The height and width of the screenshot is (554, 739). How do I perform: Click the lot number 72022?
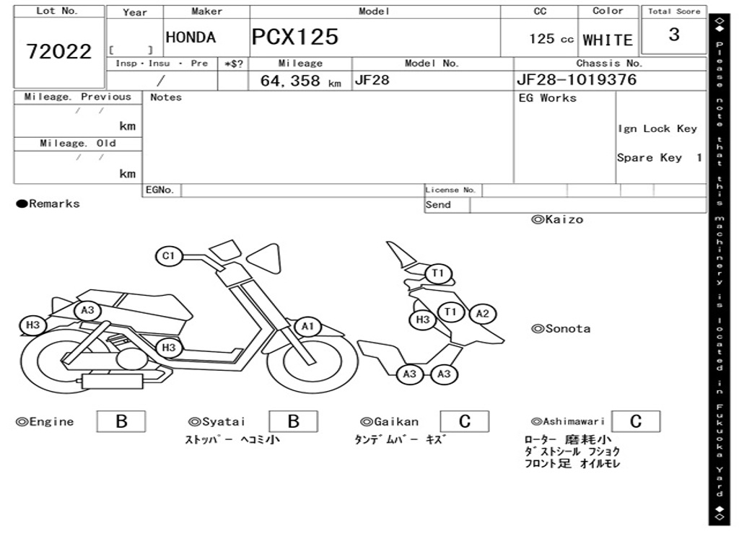tap(59, 51)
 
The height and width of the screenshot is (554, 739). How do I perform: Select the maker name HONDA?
tap(191, 38)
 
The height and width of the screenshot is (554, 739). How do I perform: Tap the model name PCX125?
tap(295, 37)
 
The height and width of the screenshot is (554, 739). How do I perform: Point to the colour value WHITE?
tap(608, 40)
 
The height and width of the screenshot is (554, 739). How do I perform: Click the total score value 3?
tap(674, 35)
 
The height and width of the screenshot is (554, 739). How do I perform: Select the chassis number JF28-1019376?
tap(577, 79)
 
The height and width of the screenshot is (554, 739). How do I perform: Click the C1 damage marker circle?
tap(169, 256)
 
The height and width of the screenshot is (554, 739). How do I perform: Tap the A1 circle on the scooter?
tap(308, 327)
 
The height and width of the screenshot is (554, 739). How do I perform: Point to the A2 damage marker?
tap(482, 314)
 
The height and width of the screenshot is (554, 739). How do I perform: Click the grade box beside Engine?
tap(121, 421)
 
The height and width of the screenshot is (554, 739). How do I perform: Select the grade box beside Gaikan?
tap(464, 421)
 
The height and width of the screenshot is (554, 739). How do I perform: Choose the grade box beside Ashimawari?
tap(635, 421)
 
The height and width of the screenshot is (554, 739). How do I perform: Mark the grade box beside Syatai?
tap(293, 421)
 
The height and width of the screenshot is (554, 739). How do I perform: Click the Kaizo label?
tap(557, 219)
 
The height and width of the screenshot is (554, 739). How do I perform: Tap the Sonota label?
tap(561, 329)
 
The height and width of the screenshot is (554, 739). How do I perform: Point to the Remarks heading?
tap(48, 204)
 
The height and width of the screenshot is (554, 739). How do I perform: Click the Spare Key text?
tap(649, 158)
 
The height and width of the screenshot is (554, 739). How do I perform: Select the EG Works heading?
tap(548, 98)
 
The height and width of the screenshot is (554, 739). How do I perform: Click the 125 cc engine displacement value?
tap(551, 39)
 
